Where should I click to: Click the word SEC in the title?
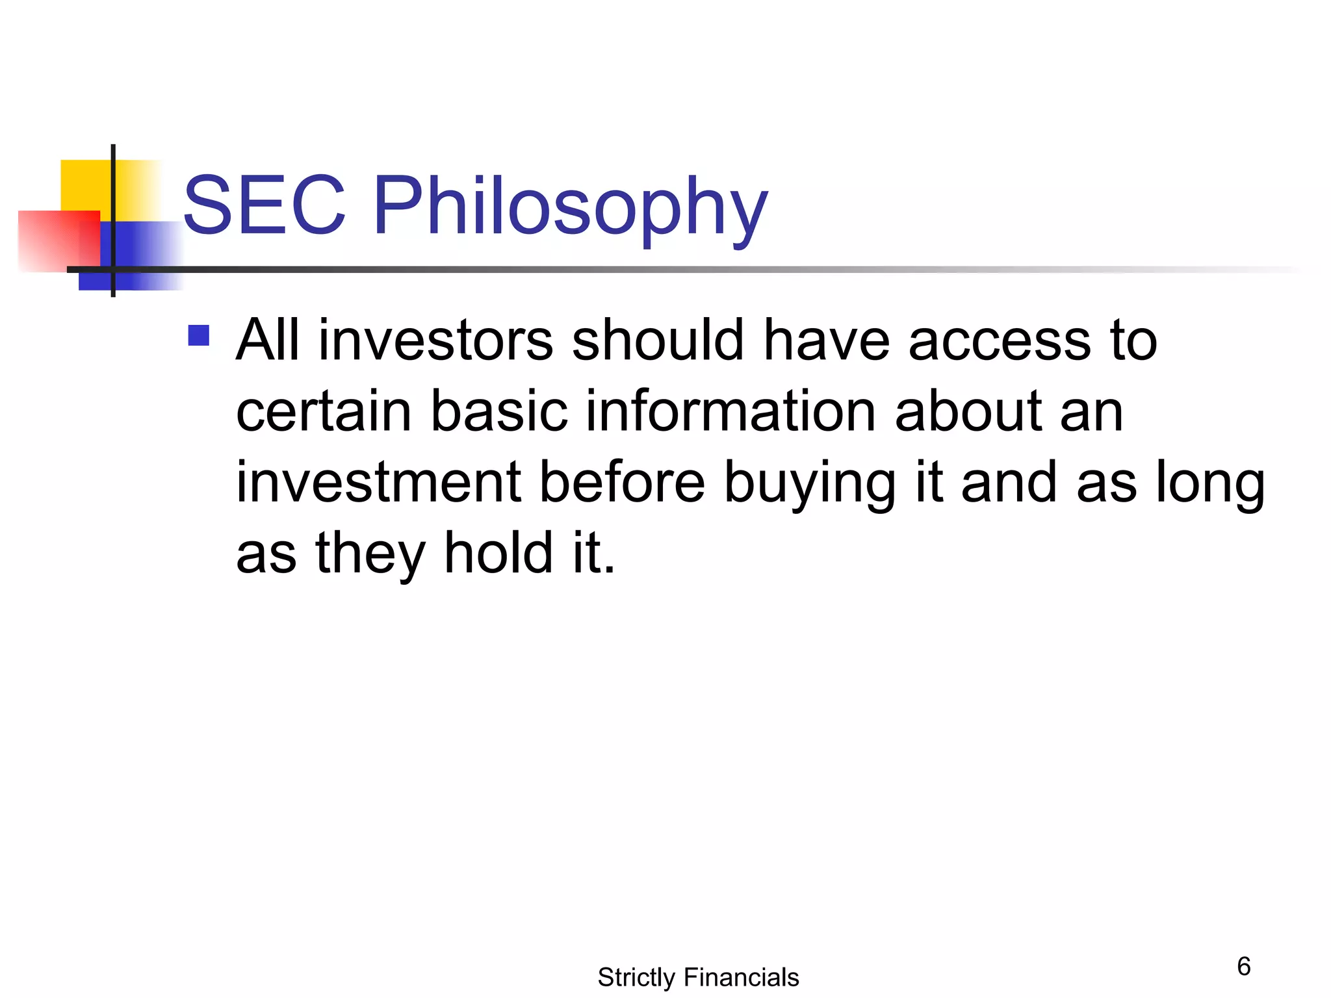[264, 207]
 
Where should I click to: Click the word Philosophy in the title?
[570, 208]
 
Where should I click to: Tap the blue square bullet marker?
[198, 336]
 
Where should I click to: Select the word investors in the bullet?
[435, 340]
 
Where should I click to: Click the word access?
[999, 340]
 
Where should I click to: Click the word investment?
[378, 482]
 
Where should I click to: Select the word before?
[622, 482]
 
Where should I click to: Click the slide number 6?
[1243, 966]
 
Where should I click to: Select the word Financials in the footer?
[741, 977]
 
